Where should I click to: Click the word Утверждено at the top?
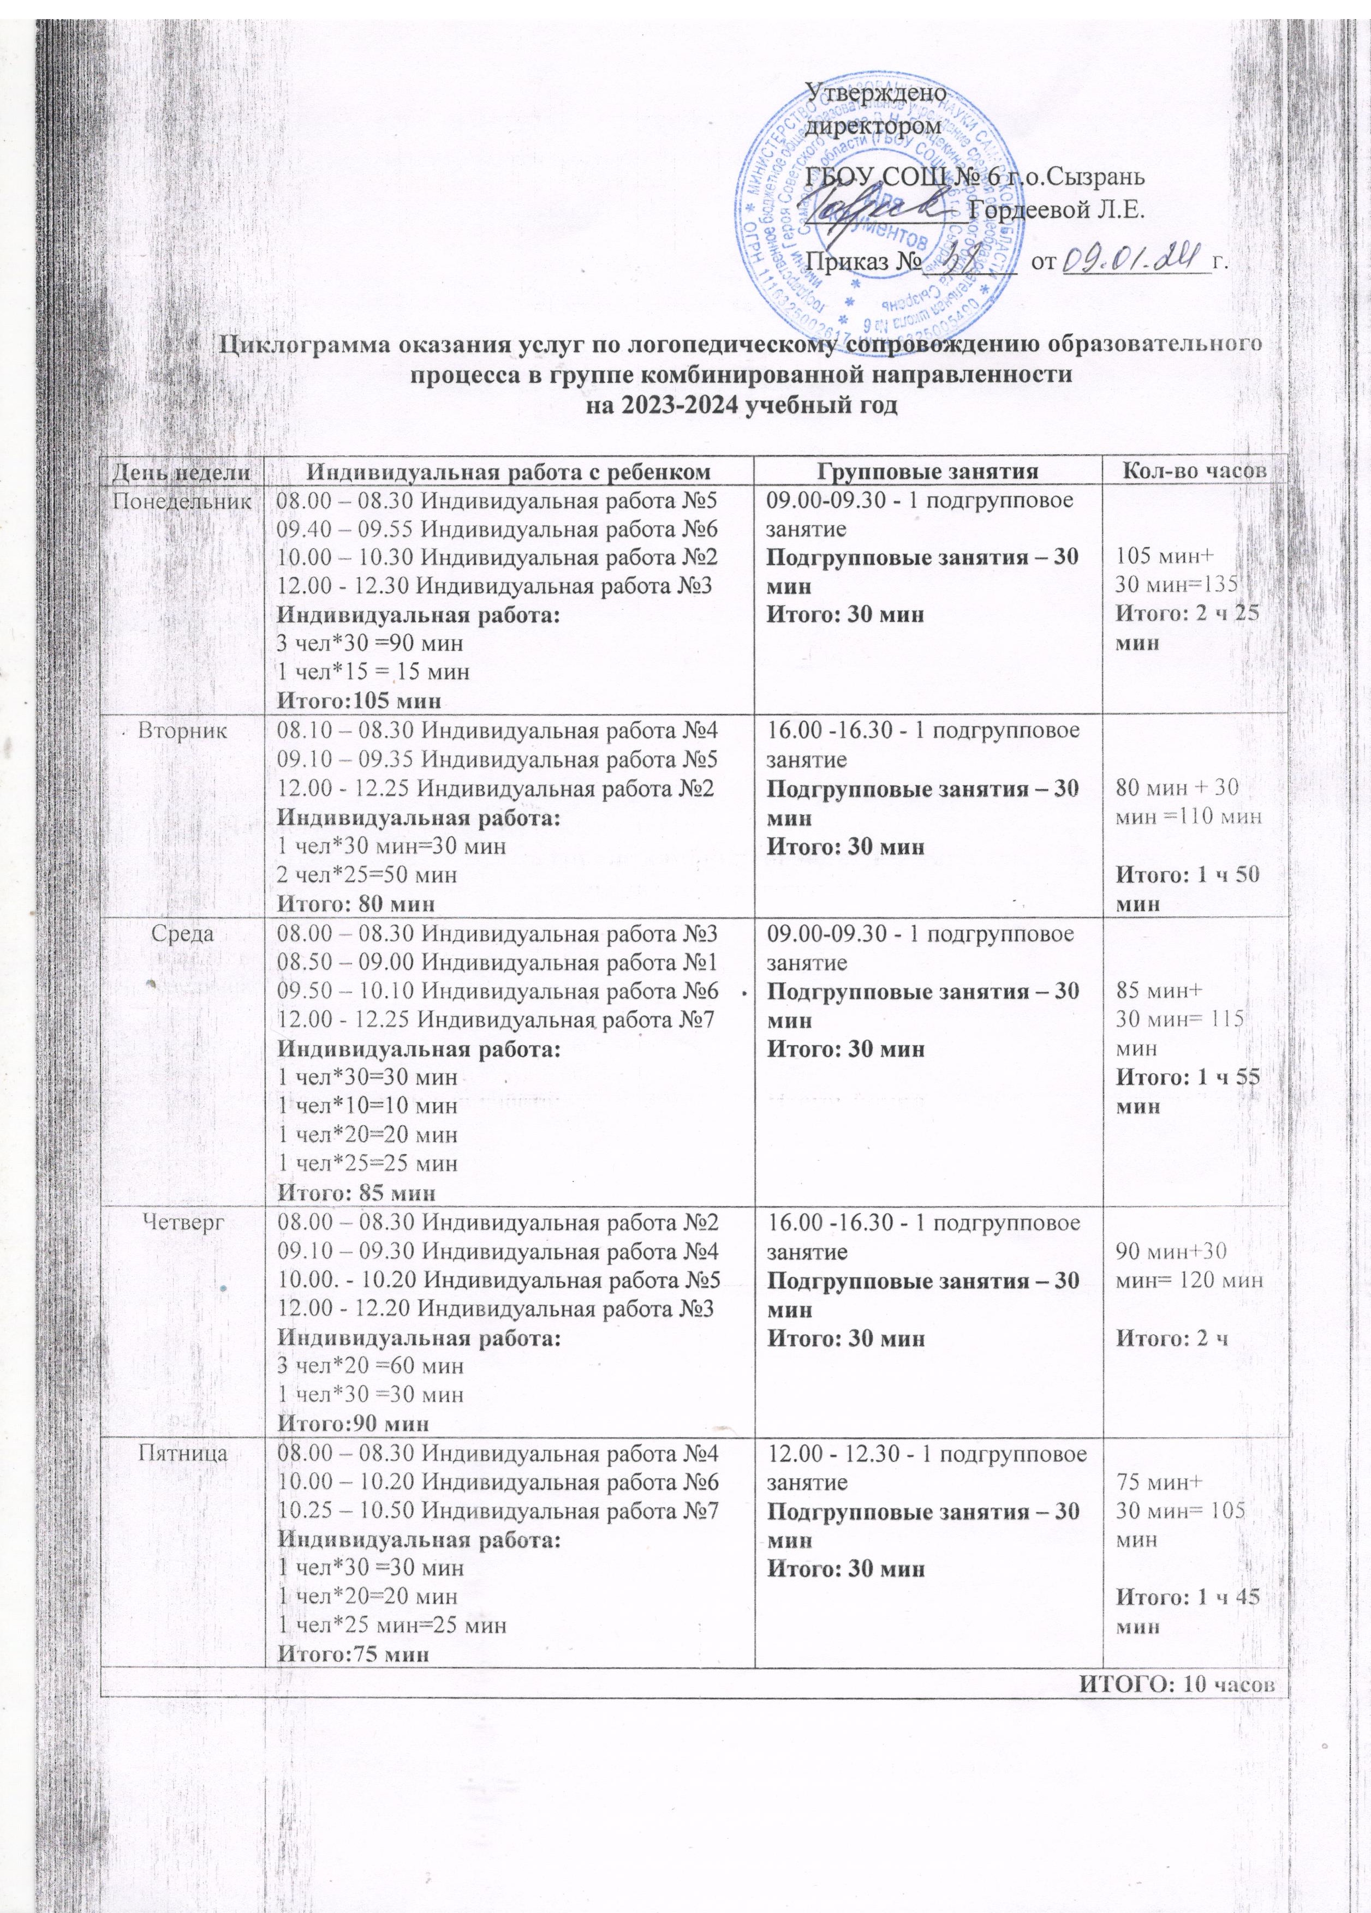point(877,89)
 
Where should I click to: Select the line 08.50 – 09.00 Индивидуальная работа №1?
point(497,962)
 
